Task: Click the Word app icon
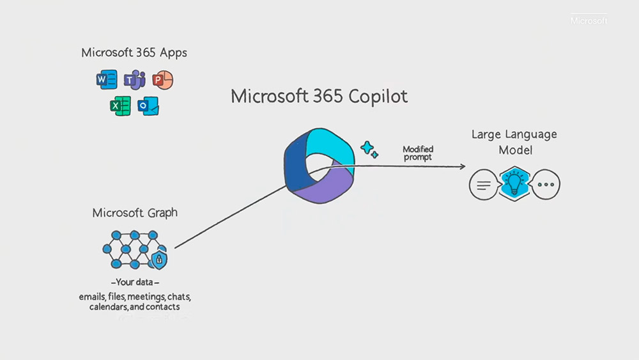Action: [x=105, y=80]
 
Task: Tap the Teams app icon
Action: [x=135, y=80]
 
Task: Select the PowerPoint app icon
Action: [x=163, y=80]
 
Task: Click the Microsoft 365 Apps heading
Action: [x=134, y=52]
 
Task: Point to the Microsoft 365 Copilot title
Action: [x=319, y=97]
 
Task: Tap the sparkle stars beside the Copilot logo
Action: [x=369, y=150]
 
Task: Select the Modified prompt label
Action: [x=418, y=153]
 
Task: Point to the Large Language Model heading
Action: [x=514, y=142]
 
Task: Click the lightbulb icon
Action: [x=514, y=184]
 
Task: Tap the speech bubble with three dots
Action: [x=546, y=185]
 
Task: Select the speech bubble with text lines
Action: [x=483, y=185]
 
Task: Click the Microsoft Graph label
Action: [x=135, y=212]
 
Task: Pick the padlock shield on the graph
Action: [x=158, y=259]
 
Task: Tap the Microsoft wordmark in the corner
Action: [x=589, y=21]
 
